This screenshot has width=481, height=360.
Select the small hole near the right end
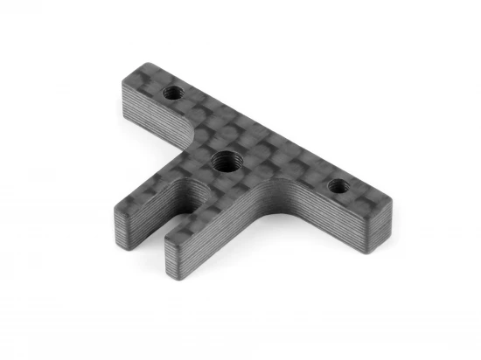point(337,185)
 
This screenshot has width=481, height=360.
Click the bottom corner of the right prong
point(167,268)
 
